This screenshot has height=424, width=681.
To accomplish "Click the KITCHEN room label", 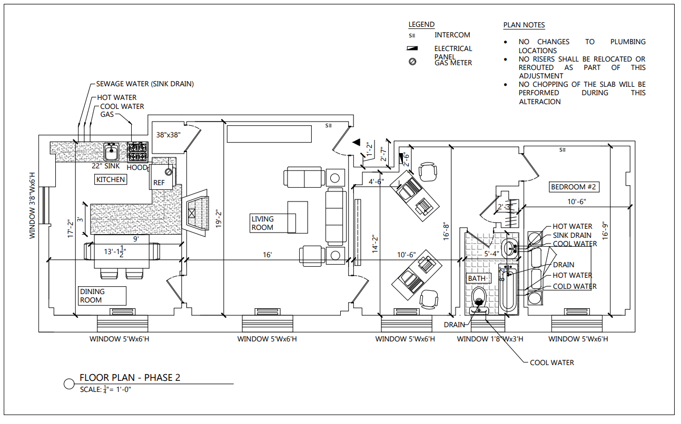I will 111,179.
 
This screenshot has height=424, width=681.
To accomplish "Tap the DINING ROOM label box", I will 103,296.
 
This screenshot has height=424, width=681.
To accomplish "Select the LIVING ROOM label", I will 262,223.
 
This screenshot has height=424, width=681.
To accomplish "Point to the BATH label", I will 477,278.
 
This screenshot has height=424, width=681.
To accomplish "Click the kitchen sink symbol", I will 111,152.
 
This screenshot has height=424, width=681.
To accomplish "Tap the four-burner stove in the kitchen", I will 137,152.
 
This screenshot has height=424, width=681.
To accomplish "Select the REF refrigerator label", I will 159,183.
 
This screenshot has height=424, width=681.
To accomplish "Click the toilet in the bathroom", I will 479,297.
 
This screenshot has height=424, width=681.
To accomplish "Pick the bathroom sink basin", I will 510,247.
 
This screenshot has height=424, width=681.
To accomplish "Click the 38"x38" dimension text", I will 169,135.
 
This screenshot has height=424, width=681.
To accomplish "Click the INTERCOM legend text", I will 452,35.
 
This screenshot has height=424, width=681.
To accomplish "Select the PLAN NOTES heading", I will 524,25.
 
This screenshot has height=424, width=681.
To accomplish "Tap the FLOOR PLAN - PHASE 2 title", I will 130,378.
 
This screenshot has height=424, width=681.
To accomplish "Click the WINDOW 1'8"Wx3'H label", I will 490,339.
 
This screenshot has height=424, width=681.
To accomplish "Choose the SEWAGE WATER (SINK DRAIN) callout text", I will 145,84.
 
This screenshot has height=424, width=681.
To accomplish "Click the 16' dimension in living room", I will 268,255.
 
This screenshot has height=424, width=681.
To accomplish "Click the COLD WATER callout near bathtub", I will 575,287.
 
